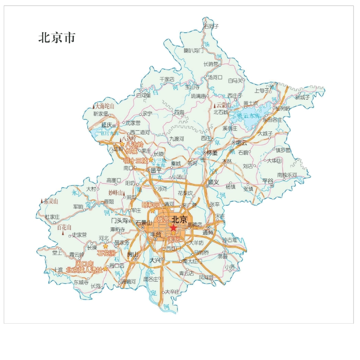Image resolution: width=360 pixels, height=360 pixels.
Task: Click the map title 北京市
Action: [57, 38]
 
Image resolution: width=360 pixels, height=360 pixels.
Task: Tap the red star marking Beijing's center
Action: [173, 228]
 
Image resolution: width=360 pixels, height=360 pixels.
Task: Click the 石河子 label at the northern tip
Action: [211, 27]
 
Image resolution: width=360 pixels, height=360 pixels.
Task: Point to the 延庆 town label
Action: [106, 125]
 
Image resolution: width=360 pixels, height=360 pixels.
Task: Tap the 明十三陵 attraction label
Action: [135, 161]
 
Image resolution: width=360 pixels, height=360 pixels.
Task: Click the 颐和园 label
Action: [150, 205]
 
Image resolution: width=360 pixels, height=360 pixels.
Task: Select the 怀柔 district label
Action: [211, 153]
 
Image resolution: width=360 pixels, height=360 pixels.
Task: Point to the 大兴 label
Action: [155, 260]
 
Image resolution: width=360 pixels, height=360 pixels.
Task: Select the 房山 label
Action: [133, 254]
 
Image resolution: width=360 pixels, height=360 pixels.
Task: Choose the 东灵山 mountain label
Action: [51, 201]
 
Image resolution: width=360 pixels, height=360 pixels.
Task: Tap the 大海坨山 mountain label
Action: [105, 106]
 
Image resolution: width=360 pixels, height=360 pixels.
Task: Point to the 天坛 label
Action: [174, 239]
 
